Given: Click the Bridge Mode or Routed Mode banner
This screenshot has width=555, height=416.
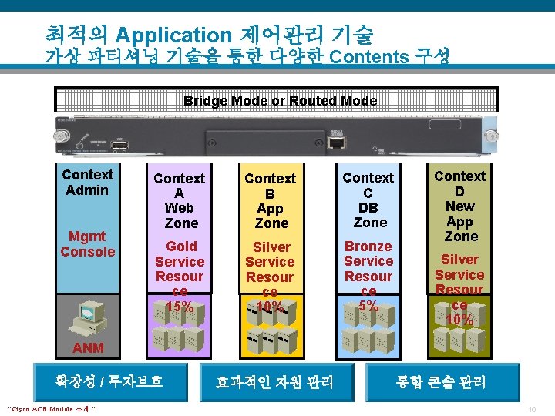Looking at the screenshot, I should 280,101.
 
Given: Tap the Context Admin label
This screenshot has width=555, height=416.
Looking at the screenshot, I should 87,183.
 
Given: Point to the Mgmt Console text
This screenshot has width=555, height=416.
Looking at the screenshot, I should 87,243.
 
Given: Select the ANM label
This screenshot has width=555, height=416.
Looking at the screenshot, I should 88,348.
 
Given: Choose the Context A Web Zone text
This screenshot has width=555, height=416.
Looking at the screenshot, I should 180,200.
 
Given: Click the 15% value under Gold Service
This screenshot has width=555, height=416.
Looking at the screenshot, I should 180,306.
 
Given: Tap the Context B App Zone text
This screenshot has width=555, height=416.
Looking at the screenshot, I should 271,200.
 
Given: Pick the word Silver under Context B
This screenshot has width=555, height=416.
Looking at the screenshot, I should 271,247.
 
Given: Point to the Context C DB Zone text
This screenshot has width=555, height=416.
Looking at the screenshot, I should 368,200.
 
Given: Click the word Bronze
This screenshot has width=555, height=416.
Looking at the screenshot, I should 368,247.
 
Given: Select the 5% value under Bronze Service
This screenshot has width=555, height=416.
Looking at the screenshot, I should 369,305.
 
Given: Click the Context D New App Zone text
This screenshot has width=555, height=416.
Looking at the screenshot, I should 459,206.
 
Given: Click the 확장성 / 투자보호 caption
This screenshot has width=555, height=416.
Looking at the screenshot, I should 109,381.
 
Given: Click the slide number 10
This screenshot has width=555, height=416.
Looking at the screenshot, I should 532,408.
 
